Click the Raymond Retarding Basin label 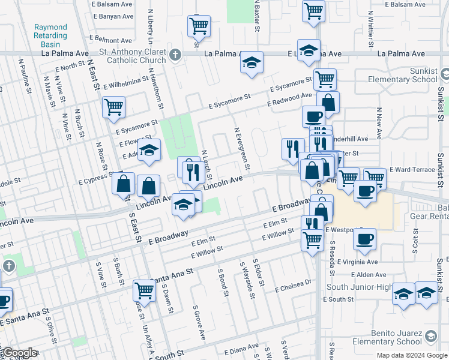coord(50,35)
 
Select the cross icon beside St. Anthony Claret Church coord(175,56)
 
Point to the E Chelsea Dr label coord(294,286)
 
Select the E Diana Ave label coord(241,350)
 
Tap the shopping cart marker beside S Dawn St coord(144,291)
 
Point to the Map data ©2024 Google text coord(411,355)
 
